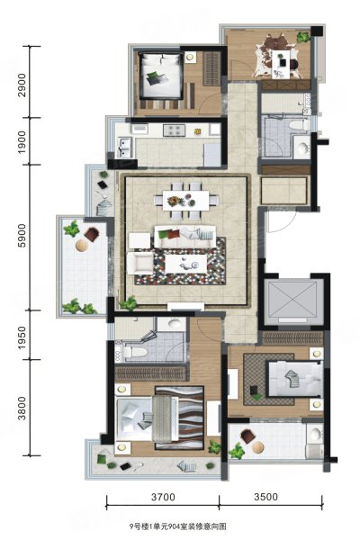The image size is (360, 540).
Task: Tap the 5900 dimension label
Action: point(22,236)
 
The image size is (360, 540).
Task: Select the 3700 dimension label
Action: point(163,497)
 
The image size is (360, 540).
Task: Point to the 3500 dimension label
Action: point(266,497)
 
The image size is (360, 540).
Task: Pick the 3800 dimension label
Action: point(22,409)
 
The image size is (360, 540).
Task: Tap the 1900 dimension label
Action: point(22,142)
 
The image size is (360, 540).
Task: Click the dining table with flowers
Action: point(186,201)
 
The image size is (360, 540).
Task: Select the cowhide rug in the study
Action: point(275,57)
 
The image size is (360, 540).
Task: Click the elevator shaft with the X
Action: point(292,299)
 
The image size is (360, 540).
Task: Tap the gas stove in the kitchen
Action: point(174,130)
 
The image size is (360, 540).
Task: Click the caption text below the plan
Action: point(178,526)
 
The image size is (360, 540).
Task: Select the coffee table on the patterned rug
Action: point(185,264)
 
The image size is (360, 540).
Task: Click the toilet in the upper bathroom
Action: point(299,125)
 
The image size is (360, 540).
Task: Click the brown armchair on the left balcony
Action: point(92,235)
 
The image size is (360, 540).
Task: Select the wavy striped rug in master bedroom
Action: point(179,418)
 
